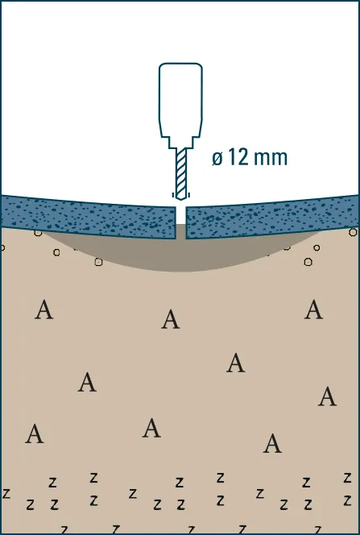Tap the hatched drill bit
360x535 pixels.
point(181,173)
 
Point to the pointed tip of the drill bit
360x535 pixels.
point(181,199)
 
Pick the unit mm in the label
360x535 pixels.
point(271,160)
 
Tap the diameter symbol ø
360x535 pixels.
point(217,159)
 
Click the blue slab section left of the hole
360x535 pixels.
point(88,217)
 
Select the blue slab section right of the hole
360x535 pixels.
point(273,217)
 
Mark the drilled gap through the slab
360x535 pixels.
point(180,222)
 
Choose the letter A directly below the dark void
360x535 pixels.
point(171,319)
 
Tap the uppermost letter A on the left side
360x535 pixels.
point(44,309)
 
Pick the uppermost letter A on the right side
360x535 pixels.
point(313,309)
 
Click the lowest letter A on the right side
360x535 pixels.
point(272,443)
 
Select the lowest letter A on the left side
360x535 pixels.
point(35,433)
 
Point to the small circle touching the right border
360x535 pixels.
point(354,232)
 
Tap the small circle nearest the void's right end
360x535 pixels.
point(317,247)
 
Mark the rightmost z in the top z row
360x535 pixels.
point(347,477)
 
